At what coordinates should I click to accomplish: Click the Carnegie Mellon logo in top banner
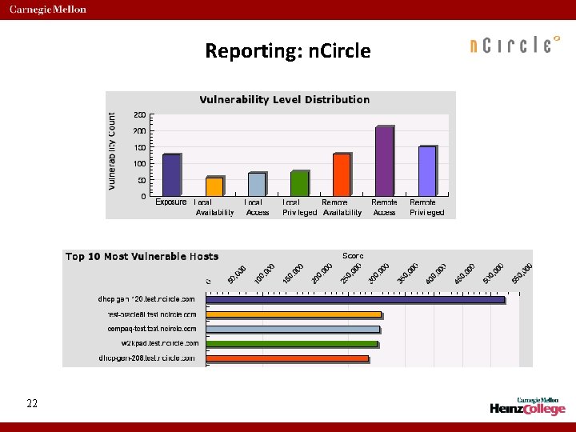(48, 10)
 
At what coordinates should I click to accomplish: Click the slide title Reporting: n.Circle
(288, 51)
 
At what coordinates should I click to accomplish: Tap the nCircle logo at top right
(512, 45)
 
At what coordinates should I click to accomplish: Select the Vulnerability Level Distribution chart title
(284, 100)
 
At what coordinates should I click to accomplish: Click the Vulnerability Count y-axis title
(112, 150)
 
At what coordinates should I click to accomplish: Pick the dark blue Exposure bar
(171, 174)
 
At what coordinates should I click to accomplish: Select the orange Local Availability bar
(214, 186)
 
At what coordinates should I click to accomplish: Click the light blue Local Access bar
(257, 183)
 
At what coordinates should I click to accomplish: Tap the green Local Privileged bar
(299, 182)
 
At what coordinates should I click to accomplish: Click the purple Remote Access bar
(385, 160)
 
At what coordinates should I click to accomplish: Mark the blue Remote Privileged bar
(427, 170)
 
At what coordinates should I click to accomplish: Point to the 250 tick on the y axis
(139, 114)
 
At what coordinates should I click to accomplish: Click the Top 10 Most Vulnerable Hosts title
(142, 257)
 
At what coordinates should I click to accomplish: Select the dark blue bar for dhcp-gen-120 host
(355, 300)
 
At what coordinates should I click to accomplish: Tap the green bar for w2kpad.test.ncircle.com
(292, 344)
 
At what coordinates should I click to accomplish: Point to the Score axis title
(353, 255)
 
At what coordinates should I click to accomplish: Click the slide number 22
(32, 404)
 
